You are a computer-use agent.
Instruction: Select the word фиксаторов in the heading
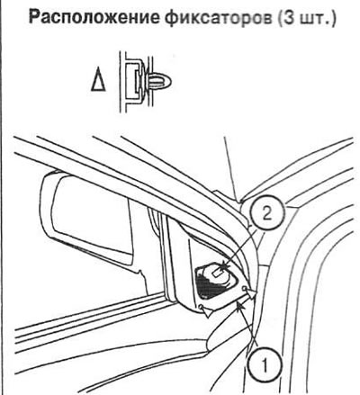[219, 20]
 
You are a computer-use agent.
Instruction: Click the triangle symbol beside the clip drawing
[98, 82]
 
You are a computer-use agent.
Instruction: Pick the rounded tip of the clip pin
[168, 81]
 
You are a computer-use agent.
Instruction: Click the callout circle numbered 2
[266, 214]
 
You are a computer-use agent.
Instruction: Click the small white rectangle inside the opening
[217, 273]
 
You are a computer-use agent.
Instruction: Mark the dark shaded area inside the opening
[210, 286]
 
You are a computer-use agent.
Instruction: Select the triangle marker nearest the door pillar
[250, 293]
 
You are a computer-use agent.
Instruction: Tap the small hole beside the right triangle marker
[244, 289]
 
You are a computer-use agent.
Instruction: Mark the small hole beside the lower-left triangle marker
[200, 307]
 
